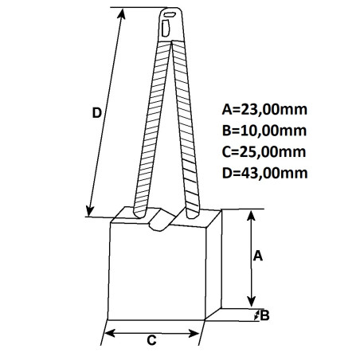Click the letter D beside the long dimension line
(96, 113)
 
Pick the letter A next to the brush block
(257, 256)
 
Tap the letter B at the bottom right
(265, 315)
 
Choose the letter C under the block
(151, 340)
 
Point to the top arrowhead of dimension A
(252, 216)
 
